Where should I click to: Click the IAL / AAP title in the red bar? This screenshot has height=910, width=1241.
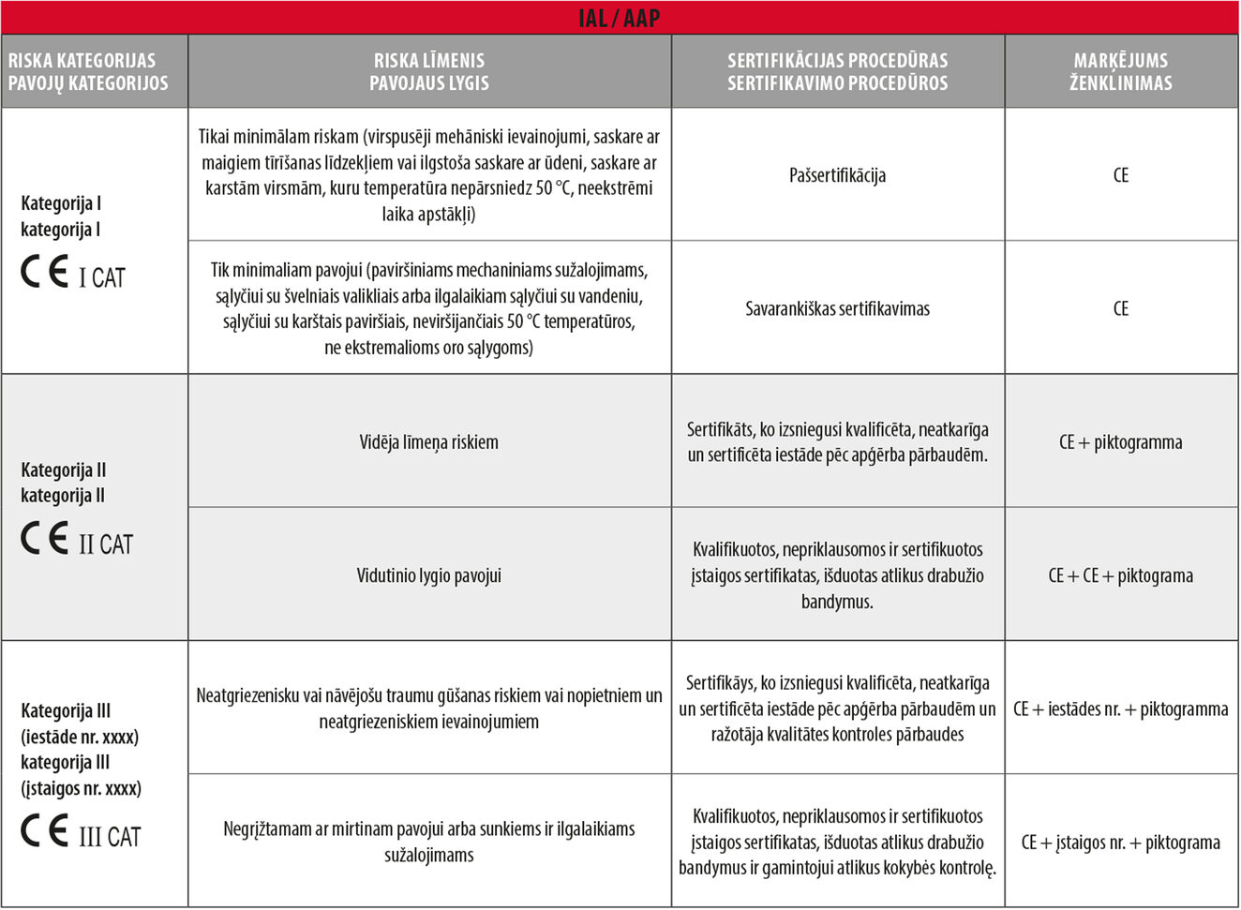coord(620,18)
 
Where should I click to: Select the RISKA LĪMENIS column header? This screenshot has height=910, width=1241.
coord(429,71)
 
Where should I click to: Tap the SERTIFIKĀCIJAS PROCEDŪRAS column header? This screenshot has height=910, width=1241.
coord(837,71)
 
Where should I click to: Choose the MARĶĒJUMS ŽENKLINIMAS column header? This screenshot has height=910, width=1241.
coord(1121,71)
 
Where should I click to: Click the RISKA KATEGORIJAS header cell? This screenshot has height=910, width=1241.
coord(88,71)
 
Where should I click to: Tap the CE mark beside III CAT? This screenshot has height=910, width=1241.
coord(45,831)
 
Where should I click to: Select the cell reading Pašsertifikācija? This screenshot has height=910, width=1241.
coord(837,175)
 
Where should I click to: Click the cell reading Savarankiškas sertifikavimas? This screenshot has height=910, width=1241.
coord(837,308)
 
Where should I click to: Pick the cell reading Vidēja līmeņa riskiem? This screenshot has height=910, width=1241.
coord(429,442)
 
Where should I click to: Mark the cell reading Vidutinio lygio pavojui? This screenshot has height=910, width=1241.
coord(429,575)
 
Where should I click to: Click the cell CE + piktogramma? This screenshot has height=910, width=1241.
coord(1121,442)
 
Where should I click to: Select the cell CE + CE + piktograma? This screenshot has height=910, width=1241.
coord(1121,575)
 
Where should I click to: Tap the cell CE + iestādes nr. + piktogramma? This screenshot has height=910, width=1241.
coord(1121,709)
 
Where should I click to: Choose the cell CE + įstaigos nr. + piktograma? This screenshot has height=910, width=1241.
coord(1121,843)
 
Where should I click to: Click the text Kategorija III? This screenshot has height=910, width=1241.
coord(66,711)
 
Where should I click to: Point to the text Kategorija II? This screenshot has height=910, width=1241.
coord(64,470)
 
